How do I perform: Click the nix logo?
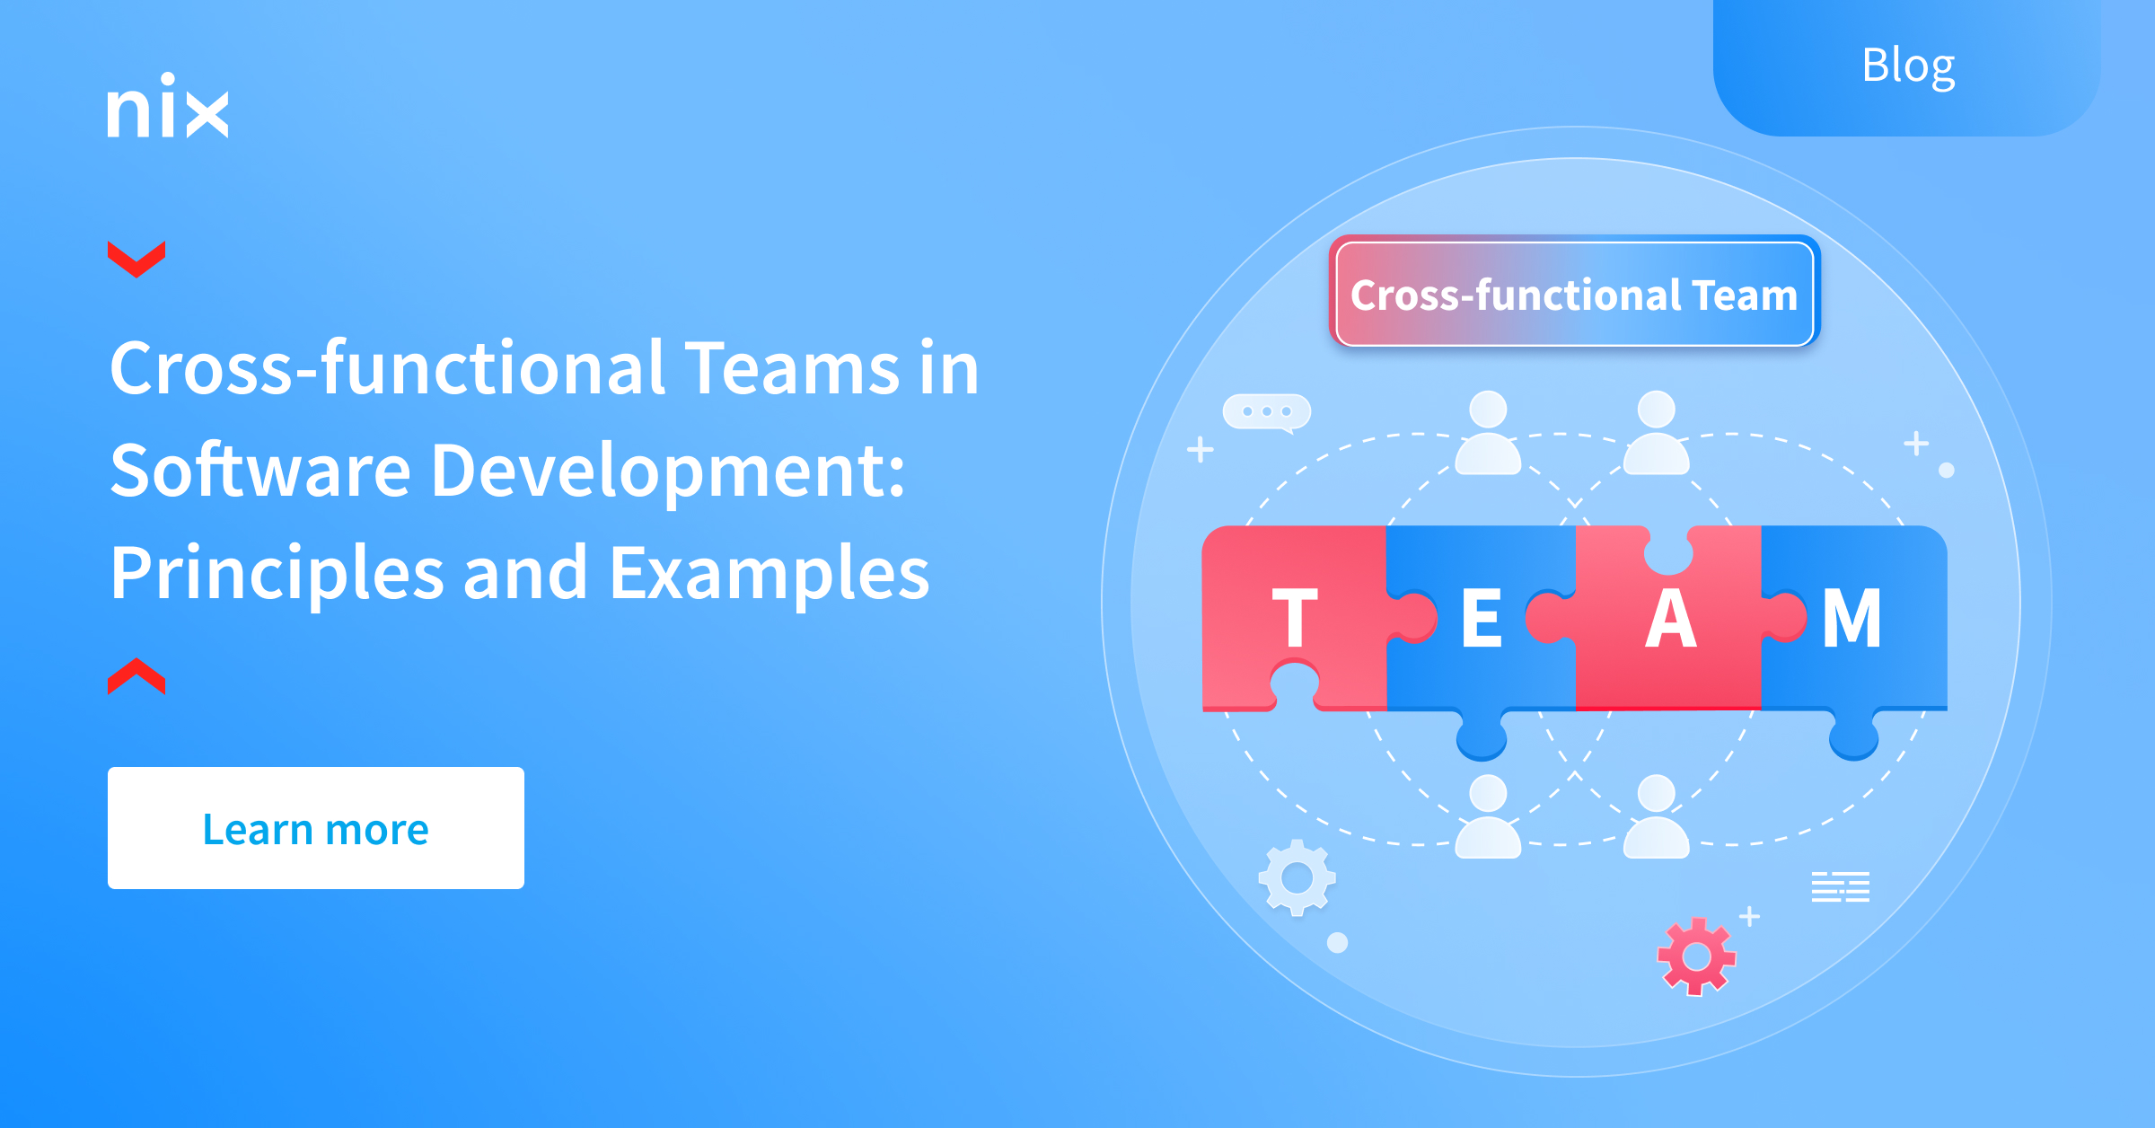pos(168,106)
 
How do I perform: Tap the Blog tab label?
pos(1908,66)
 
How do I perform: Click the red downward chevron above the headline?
pos(136,259)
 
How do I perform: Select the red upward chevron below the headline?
pos(136,676)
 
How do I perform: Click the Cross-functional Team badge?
pos(1575,293)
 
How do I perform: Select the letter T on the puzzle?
pos(1295,618)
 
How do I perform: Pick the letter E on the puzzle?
pos(1482,618)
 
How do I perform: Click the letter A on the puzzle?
pos(1671,618)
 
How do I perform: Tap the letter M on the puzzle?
pos(1852,618)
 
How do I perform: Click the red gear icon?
pos(1696,956)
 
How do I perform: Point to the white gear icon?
pos(1297,877)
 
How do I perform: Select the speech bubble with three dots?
pos(1267,412)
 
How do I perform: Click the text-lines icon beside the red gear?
pos(1841,886)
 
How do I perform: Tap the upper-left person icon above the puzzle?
pos(1488,432)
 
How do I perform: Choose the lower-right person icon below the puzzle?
pos(1657,815)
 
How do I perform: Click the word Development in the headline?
pos(669,472)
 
